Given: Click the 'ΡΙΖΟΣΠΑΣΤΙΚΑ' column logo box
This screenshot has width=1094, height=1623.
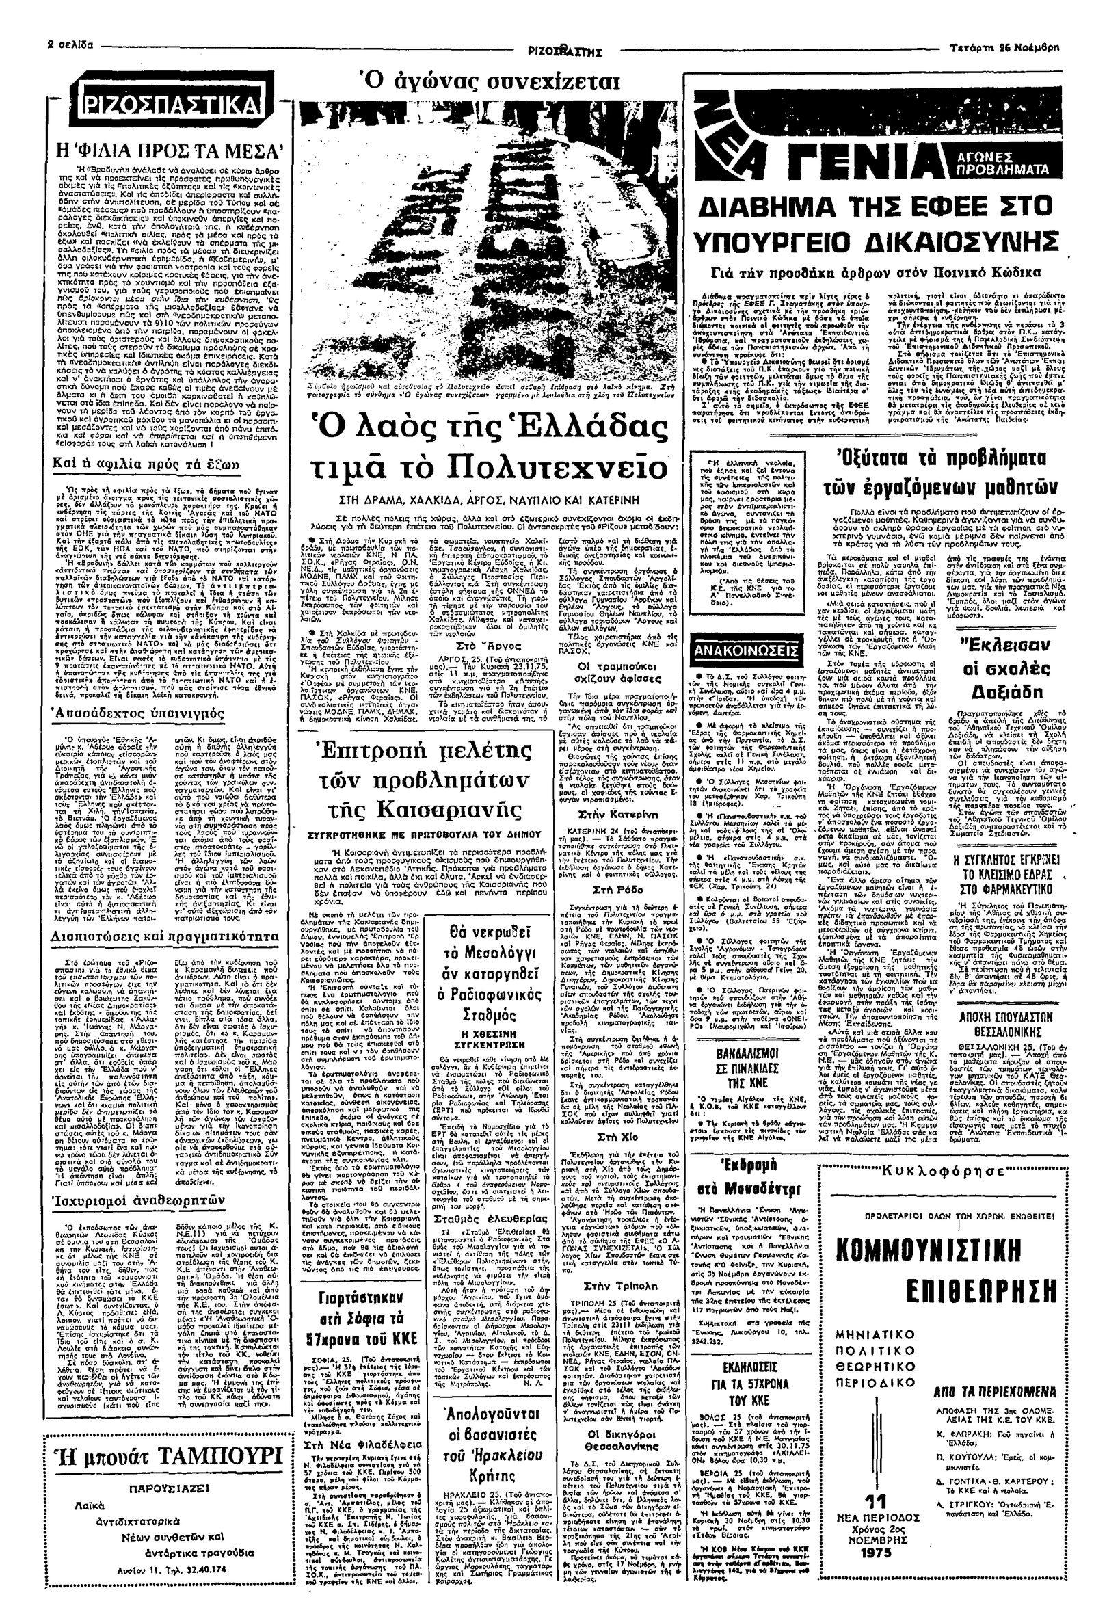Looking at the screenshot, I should pyautogui.click(x=171, y=106).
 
